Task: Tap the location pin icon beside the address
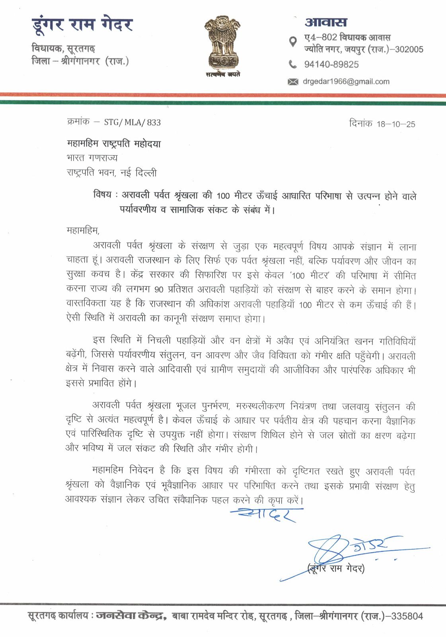[x=292, y=41]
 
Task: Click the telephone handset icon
[x=292, y=64]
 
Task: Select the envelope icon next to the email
[x=292, y=82]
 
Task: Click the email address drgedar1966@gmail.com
[x=346, y=82]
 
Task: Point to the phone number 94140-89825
[x=331, y=64]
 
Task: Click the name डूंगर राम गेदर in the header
[x=82, y=25]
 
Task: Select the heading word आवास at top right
[x=326, y=22]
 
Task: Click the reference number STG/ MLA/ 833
[x=132, y=122]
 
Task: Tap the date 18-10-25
[x=396, y=124]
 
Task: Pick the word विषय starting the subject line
[x=102, y=195]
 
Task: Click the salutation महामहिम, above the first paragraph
[x=83, y=230]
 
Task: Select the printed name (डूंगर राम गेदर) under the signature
[x=336, y=568]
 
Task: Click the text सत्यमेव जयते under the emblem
[x=223, y=74]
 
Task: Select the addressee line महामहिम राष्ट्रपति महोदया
[x=114, y=144]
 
